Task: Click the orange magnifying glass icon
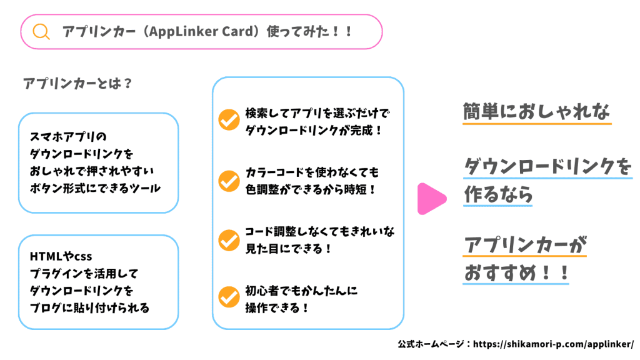click(41, 31)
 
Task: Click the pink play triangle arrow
click(432, 199)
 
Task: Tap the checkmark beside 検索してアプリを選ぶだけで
click(229, 119)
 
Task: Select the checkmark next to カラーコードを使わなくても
click(229, 181)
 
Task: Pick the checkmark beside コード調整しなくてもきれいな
click(229, 240)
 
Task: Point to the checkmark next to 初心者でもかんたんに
click(229, 297)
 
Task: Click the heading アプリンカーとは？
click(77, 83)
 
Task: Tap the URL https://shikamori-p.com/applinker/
click(554, 344)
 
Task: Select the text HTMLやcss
click(61, 256)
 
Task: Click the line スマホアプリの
click(68, 137)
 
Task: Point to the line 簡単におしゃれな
click(536, 111)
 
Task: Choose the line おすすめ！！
click(516, 272)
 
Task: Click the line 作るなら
click(498, 194)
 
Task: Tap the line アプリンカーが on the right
click(525, 245)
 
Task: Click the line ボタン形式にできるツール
click(95, 188)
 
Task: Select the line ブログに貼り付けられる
click(90, 307)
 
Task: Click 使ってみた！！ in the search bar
click(309, 31)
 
